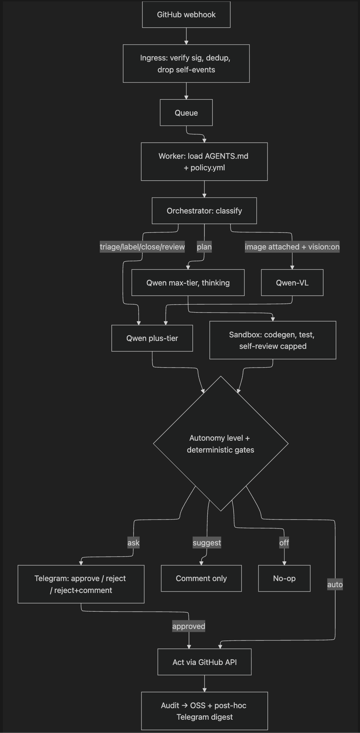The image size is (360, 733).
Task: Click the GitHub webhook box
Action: (x=186, y=15)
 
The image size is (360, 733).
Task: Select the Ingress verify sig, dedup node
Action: (x=186, y=64)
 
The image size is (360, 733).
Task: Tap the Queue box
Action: (x=186, y=113)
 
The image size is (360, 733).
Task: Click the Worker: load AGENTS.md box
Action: (x=204, y=162)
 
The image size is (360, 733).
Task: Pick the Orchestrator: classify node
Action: (x=204, y=211)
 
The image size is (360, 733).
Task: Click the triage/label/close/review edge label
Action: (x=142, y=247)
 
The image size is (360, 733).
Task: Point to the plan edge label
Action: (x=204, y=247)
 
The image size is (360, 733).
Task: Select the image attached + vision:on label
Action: (x=292, y=247)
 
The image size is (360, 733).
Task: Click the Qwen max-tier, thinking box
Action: (x=188, y=283)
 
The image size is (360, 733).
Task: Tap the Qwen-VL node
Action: (x=292, y=283)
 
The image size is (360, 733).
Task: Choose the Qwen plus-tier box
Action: (x=152, y=338)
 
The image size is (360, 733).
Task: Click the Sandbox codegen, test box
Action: (x=273, y=340)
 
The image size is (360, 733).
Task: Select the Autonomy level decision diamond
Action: (x=221, y=444)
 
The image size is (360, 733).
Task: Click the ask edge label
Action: (x=133, y=543)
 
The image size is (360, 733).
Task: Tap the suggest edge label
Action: (x=207, y=543)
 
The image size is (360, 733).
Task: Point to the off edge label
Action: (x=284, y=543)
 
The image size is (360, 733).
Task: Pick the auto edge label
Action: (x=335, y=584)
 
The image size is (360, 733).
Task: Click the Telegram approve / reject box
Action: (x=81, y=584)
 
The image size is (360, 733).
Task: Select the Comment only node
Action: (x=201, y=578)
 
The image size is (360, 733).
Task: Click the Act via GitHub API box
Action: (x=204, y=662)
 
